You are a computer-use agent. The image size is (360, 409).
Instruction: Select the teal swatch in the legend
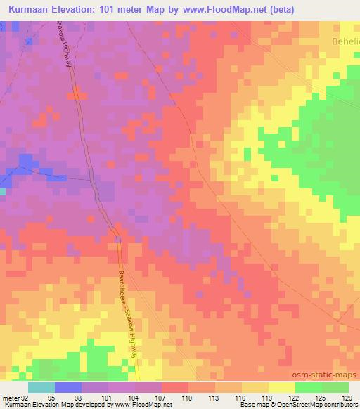41,387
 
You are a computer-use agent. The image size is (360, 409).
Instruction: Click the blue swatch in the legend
68,387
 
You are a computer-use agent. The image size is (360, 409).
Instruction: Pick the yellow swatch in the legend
281,387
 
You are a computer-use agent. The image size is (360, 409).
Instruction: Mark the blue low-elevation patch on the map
27,166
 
